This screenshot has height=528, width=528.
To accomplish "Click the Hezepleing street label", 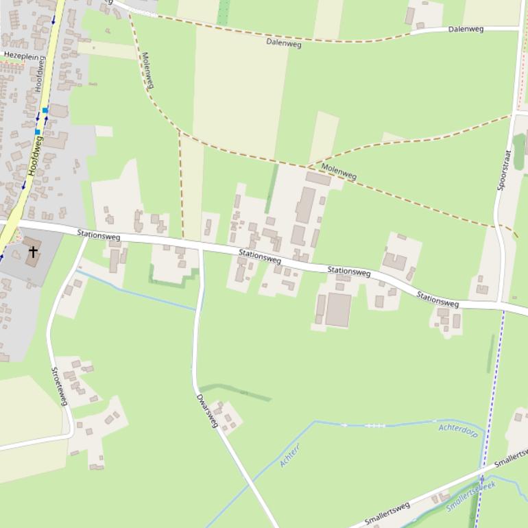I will [19, 53].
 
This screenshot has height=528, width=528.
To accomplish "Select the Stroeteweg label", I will [59, 386].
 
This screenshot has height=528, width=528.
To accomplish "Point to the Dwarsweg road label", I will [206, 411].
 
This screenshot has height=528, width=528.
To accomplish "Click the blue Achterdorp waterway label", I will [457, 430].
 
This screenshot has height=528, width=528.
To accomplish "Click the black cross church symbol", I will [32, 252].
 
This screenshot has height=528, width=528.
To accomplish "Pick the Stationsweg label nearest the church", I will [99, 235].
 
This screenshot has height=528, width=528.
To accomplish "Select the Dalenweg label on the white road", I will [466, 29].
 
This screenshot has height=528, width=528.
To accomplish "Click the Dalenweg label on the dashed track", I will [284, 43].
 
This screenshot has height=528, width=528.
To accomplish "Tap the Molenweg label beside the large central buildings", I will [339, 171].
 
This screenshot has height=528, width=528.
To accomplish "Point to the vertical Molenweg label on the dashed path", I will [147, 70].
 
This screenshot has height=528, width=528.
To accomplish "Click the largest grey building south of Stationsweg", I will [338, 309].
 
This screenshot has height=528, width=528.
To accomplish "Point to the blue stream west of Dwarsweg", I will [137, 291].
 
